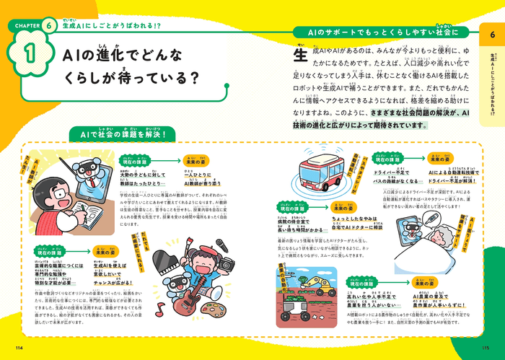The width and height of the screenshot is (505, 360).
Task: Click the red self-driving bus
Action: click(x=321, y=174)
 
